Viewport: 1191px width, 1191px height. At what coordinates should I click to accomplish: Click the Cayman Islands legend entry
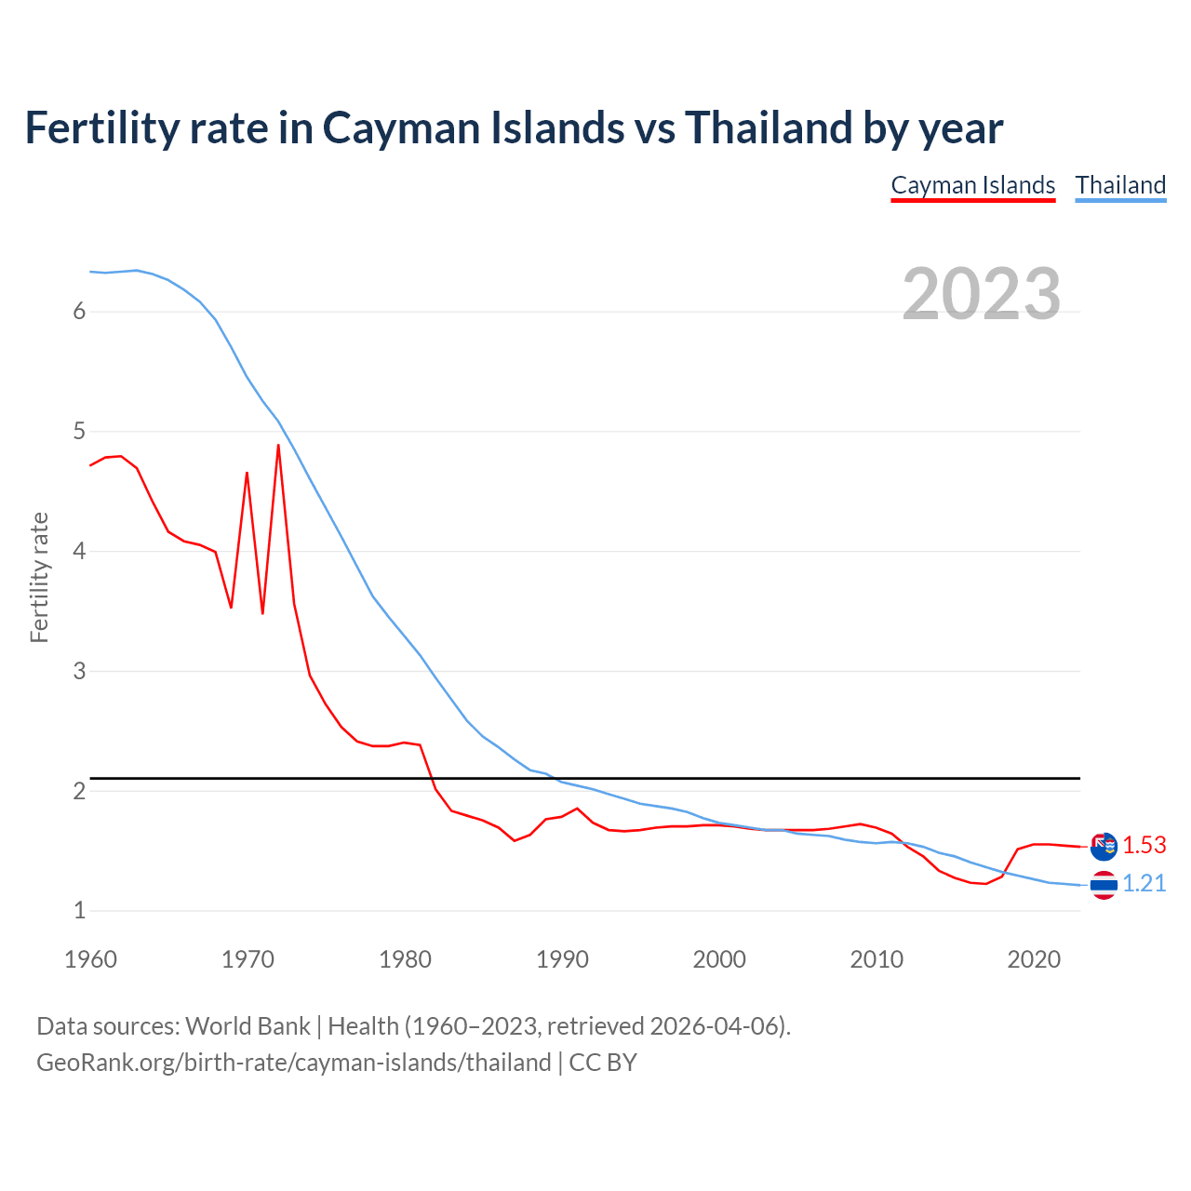coord(972,185)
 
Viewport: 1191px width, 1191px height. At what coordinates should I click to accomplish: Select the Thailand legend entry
coord(1120,185)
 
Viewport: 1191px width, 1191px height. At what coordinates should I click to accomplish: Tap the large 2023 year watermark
coord(981,294)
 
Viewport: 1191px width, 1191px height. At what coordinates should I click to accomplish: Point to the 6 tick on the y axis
coord(79,312)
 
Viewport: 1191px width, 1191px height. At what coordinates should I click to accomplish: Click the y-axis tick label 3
coord(79,671)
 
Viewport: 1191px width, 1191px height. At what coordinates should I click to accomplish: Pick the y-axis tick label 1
coord(79,911)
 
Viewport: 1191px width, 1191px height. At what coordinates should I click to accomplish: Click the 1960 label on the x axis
coord(90,959)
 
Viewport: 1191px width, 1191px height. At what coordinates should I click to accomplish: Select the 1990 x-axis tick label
coord(562,959)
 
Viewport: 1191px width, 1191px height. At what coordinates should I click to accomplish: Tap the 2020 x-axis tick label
coord(1034,959)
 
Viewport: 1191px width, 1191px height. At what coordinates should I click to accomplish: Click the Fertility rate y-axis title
coord(39,577)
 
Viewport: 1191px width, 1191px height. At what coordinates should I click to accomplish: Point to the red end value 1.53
coord(1144,845)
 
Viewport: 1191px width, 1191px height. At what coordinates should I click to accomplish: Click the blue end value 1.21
coord(1144,883)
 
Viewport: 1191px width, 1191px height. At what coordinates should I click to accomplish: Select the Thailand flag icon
coord(1104,885)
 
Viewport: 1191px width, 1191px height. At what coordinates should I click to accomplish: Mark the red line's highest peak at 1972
coord(278,445)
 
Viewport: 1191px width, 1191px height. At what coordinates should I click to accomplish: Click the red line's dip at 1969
coord(231,608)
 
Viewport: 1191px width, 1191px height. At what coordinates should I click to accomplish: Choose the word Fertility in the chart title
coord(100,128)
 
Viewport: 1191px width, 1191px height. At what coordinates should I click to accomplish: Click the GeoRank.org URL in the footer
coord(293,1063)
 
